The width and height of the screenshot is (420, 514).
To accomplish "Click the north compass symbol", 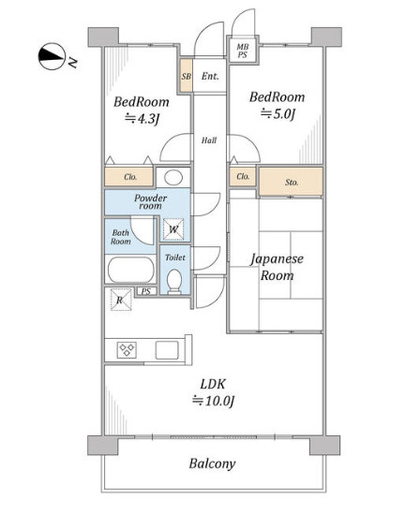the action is (x=52, y=56).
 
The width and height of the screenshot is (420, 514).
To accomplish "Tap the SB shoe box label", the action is (x=186, y=77).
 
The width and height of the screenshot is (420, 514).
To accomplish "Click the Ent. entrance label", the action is (x=210, y=76).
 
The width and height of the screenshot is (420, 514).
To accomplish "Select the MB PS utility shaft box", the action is (x=243, y=51).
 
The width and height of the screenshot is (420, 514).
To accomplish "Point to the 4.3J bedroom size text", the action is (x=142, y=118).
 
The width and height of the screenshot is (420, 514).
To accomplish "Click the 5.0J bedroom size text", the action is (x=277, y=113).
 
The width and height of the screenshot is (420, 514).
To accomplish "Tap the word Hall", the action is (x=209, y=140).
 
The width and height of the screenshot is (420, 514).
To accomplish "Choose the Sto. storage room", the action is (x=291, y=182).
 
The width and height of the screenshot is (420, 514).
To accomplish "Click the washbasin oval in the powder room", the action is (x=173, y=178).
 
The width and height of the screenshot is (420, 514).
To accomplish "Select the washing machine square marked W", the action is (x=173, y=229).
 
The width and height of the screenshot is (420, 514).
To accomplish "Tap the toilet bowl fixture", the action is (x=174, y=281).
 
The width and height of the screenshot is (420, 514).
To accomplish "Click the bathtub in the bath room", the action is (x=130, y=270).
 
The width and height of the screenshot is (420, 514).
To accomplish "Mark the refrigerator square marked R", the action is (x=120, y=300).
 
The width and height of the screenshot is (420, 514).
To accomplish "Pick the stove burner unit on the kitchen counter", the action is (x=127, y=350).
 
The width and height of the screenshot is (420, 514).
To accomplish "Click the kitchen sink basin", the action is (x=167, y=350).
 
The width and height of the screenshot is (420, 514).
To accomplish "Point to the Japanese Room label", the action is (x=277, y=267).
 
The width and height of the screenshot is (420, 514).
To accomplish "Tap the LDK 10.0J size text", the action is (x=213, y=392).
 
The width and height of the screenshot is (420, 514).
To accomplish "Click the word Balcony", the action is (x=212, y=463).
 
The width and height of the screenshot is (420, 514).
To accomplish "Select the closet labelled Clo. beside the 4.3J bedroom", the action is (x=129, y=177).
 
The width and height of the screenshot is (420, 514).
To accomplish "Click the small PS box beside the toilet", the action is (x=146, y=291).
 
